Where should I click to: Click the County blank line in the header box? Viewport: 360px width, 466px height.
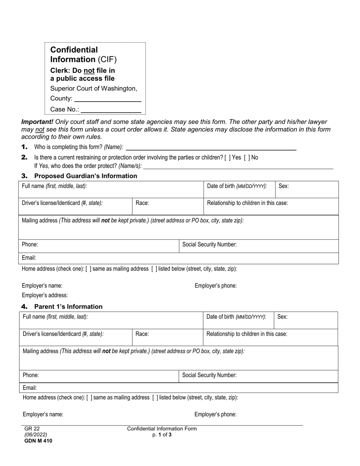[x=108, y=99]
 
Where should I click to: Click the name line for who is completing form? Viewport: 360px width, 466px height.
[x=211, y=147]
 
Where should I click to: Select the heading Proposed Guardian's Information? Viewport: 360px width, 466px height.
[x=85, y=176]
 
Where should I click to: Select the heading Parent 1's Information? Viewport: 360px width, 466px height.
[x=68, y=306]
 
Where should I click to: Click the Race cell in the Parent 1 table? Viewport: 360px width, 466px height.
[x=167, y=337]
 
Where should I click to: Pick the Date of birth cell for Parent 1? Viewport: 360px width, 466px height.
[x=238, y=320]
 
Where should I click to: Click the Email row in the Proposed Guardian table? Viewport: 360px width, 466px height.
[x=178, y=258]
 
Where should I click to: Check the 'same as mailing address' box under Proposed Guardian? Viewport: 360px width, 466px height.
[x=88, y=269]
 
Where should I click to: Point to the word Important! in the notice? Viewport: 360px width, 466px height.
[x=37, y=122]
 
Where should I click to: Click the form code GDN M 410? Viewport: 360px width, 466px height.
[x=38, y=441]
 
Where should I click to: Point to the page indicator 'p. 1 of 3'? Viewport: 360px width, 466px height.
[x=162, y=435]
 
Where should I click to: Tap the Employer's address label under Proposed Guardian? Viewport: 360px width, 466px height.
[x=45, y=295]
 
